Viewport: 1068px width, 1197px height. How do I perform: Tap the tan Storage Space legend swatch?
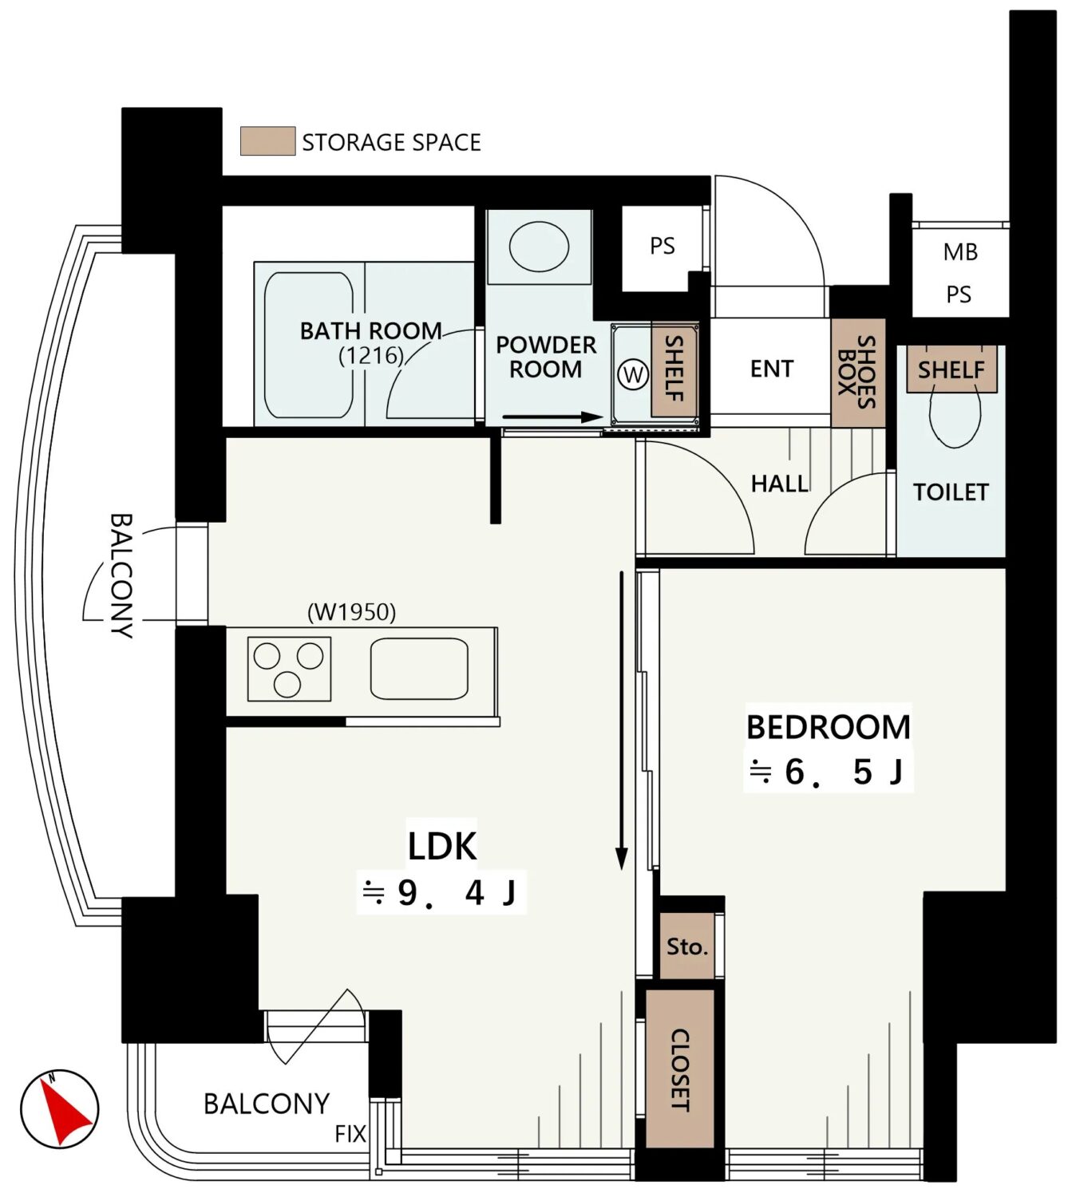[267, 141]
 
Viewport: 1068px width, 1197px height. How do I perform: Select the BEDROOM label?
[828, 727]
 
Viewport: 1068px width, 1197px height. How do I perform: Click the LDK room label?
[442, 847]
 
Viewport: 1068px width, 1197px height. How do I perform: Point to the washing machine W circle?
[633, 374]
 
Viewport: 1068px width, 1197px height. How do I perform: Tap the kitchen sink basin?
[419, 668]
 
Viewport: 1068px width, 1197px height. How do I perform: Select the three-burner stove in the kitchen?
[289, 669]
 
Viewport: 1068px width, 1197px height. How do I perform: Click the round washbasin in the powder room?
[539, 247]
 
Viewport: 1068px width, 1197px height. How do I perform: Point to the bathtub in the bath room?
[309, 345]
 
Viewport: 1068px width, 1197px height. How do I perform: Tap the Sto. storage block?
[686, 946]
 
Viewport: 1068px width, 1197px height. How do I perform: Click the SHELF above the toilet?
[951, 369]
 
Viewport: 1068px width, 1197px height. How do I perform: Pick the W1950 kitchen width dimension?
[352, 612]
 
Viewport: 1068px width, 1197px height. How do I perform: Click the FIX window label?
[350, 1134]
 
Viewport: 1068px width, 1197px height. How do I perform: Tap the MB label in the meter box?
[960, 252]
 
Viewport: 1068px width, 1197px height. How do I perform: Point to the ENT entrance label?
[771, 369]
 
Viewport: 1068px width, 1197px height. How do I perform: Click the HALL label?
[780, 484]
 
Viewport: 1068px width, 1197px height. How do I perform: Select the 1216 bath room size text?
[371, 356]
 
